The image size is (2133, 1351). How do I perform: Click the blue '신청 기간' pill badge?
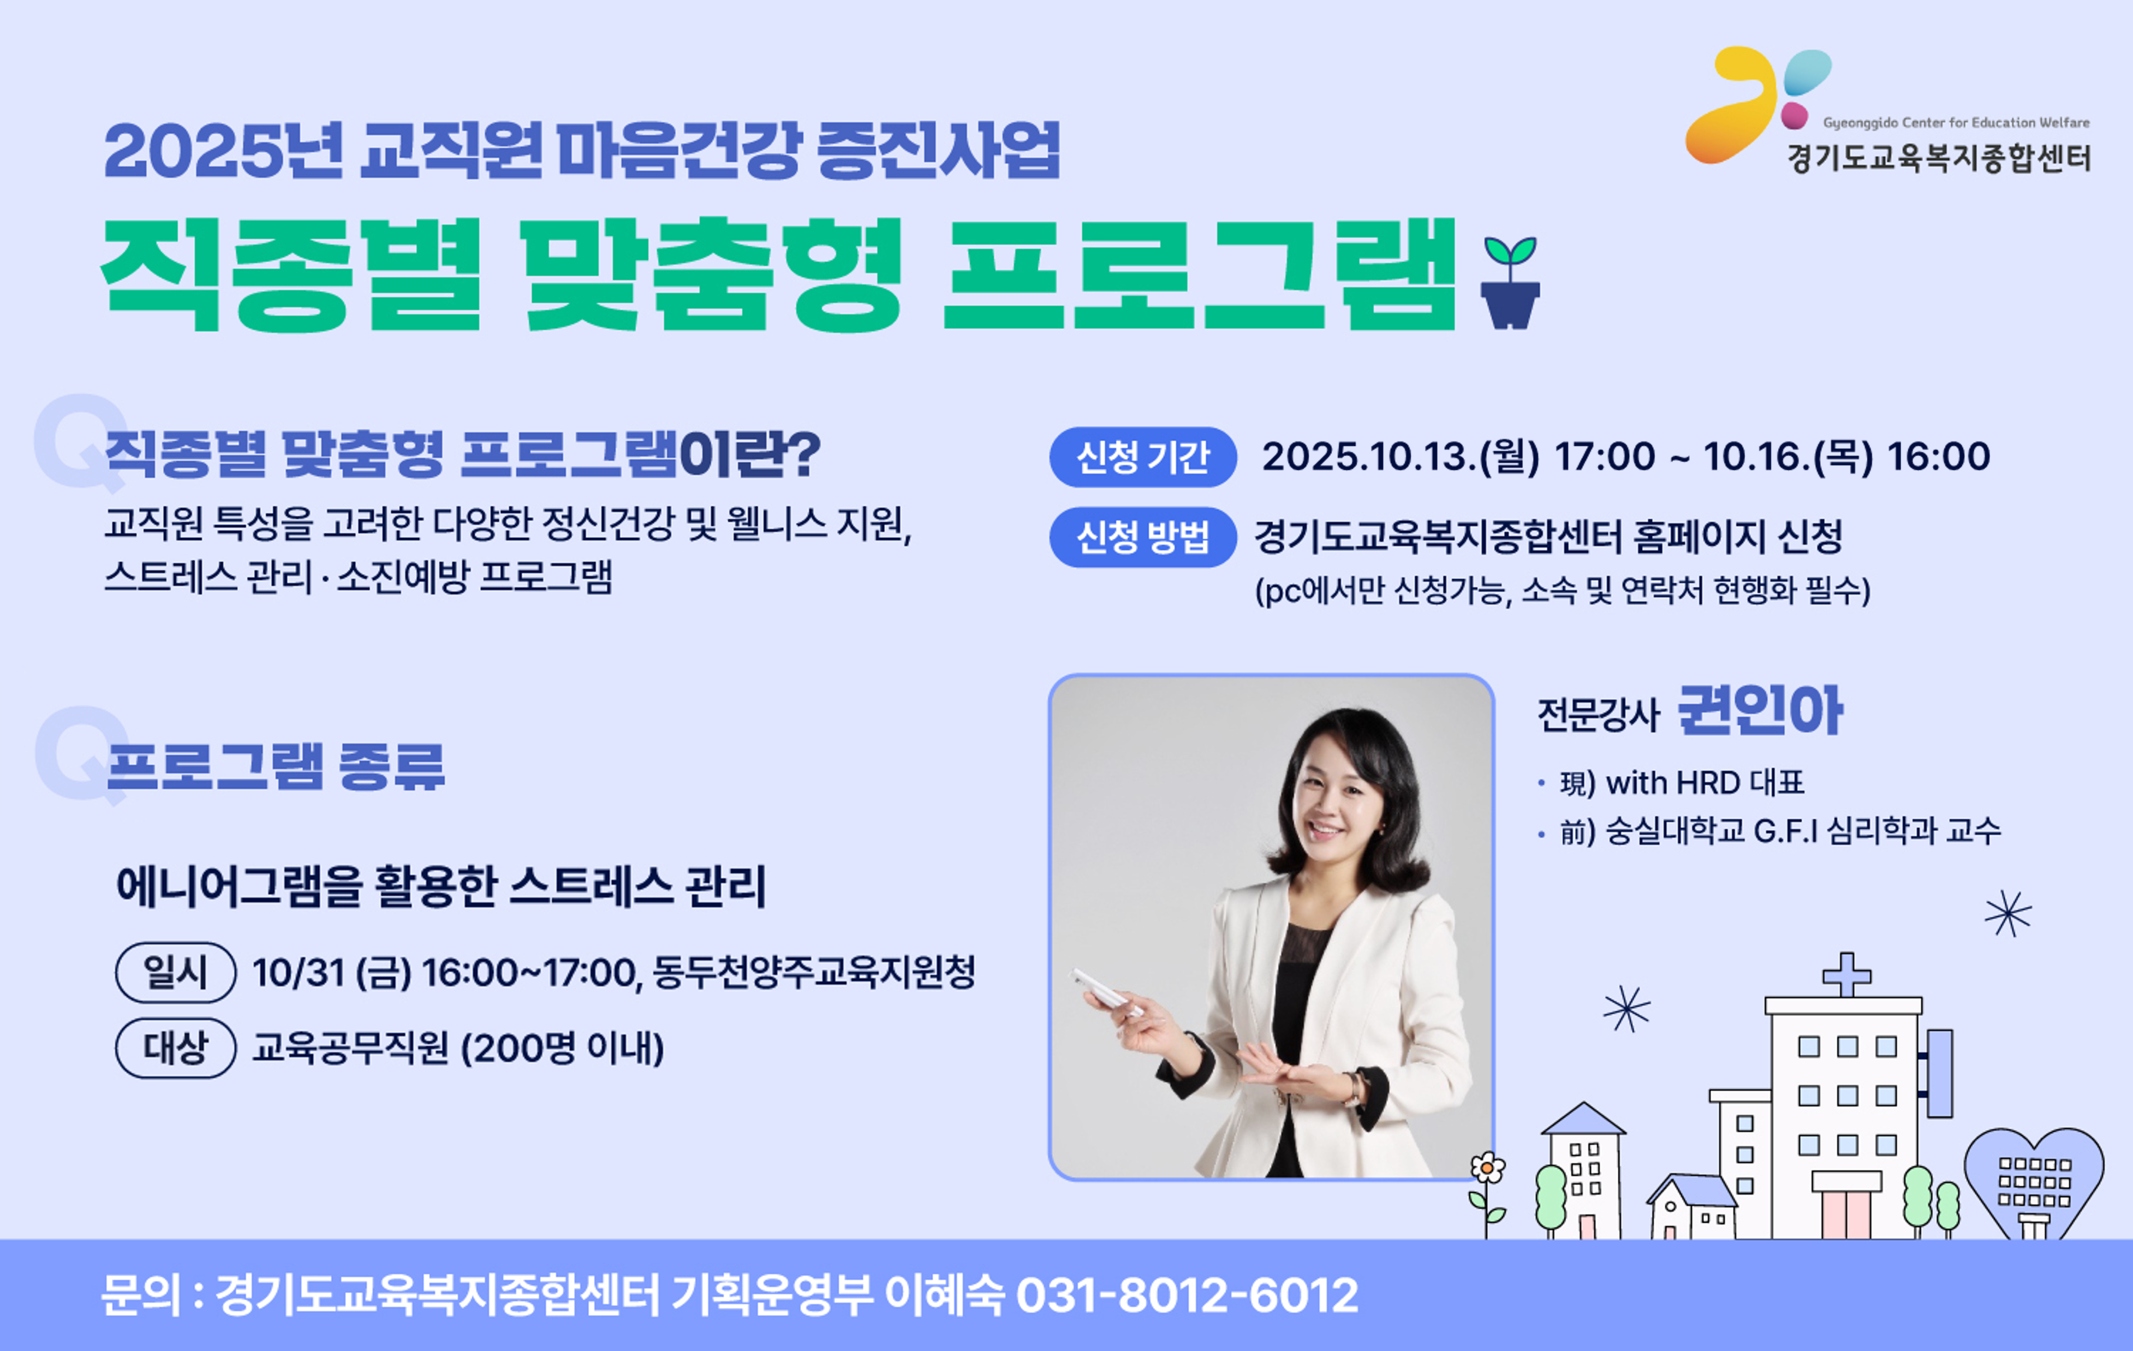1143,457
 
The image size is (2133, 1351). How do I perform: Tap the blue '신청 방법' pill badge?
1143,537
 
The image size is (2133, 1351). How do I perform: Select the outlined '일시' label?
175,972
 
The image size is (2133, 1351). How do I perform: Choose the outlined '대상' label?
175,1048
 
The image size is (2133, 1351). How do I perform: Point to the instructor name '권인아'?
1760,711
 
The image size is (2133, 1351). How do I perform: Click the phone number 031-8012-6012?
1187,1295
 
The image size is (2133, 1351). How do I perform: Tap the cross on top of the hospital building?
1847,974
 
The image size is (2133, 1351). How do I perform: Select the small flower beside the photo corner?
1488,1169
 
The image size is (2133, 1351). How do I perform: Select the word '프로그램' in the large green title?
1200,275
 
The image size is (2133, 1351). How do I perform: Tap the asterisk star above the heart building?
2008,913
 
